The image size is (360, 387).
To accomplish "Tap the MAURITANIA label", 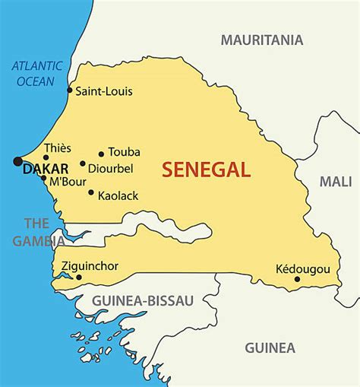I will [x=261, y=40].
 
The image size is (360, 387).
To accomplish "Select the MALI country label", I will [x=335, y=182].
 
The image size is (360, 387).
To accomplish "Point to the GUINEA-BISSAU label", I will [x=144, y=300].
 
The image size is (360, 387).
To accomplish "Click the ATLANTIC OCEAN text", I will [x=35, y=72].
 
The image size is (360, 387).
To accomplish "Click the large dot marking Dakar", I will [x=17, y=161].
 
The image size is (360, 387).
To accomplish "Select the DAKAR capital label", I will [x=46, y=170].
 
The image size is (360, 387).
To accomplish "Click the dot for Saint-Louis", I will [x=70, y=90].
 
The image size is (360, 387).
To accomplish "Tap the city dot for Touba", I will [x=101, y=154].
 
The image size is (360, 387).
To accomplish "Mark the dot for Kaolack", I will [x=91, y=192].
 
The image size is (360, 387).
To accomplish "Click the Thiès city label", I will [x=58, y=148].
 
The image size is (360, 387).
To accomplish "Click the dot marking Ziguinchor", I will [x=78, y=278].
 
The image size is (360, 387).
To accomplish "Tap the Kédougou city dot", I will [x=297, y=279].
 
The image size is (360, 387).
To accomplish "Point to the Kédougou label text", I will [x=303, y=268].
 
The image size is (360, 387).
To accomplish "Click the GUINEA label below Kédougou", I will [x=270, y=348].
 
